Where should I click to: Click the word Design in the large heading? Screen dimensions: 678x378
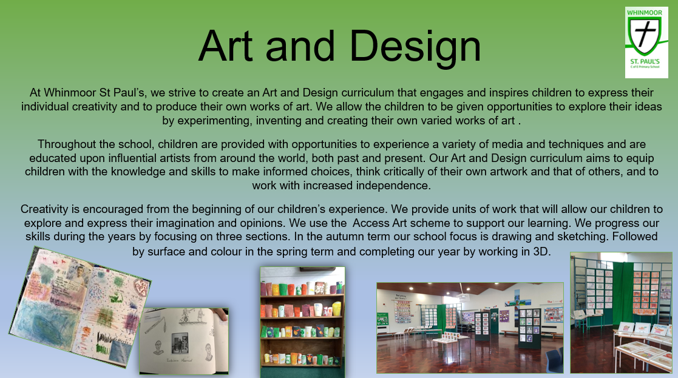pyautogui.click(x=415, y=47)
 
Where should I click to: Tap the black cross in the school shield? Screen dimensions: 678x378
pyautogui.click(x=644, y=32)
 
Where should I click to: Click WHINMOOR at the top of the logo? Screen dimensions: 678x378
pyautogui.click(x=644, y=13)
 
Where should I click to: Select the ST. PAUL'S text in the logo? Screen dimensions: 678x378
pyautogui.click(x=645, y=61)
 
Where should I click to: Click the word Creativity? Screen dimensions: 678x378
pyautogui.click(x=44, y=209)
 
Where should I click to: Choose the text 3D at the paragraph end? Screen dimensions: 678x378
pyautogui.click(x=541, y=251)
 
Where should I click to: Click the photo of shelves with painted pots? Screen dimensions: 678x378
pyautogui.click(x=302, y=322)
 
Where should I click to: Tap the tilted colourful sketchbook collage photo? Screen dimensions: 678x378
pyautogui.click(x=80, y=307)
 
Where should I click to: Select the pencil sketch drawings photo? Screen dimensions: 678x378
pyautogui.click(x=184, y=341)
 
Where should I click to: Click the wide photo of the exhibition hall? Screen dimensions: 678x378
pyautogui.click(x=470, y=328)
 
